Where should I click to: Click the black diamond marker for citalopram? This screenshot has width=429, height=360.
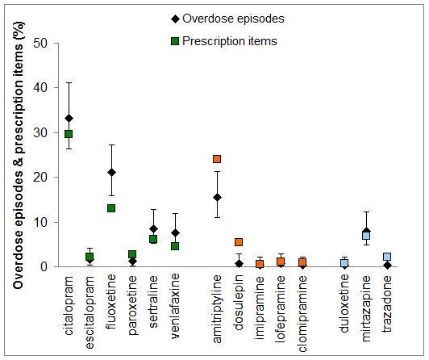pos(69,118)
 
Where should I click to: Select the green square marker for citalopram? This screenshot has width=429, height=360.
pos(69,134)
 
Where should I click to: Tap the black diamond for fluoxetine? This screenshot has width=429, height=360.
pos(111,172)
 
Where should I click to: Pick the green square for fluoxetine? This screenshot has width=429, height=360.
pos(111,208)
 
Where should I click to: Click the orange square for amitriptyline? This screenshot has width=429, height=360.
pos(217,159)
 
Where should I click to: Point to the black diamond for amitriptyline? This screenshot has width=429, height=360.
pos(217,197)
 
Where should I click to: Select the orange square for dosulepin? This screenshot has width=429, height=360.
pos(239,242)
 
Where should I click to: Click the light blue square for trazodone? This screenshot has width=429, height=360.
pos(387,257)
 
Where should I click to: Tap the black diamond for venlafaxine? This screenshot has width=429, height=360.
pos(175,232)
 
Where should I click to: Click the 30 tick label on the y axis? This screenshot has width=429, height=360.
pos(31,132)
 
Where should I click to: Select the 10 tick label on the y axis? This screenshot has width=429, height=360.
pos(31,222)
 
